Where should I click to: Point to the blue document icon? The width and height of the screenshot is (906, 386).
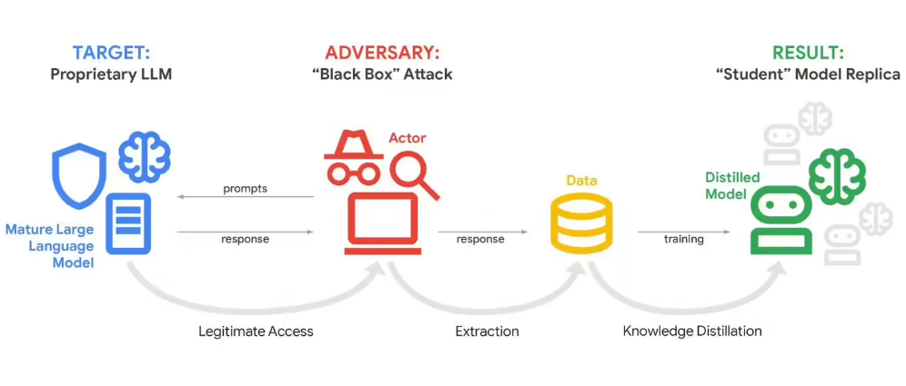click(x=129, y=223)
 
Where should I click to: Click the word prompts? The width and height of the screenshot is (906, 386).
click(x=245, y=189)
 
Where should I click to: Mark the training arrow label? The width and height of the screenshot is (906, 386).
click(x=683, y=239)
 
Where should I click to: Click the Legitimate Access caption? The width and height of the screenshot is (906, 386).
click(x=256, y=332)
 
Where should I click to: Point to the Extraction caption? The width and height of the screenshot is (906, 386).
click(x=487, y=332)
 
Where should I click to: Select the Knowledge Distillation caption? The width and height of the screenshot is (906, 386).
click(x=691, y=332)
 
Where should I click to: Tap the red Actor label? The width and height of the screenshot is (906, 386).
click(x=407, y=138)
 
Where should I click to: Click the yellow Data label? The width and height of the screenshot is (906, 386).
click(x=581, y=181)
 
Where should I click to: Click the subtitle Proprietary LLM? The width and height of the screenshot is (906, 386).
click(x=110, y=74)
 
